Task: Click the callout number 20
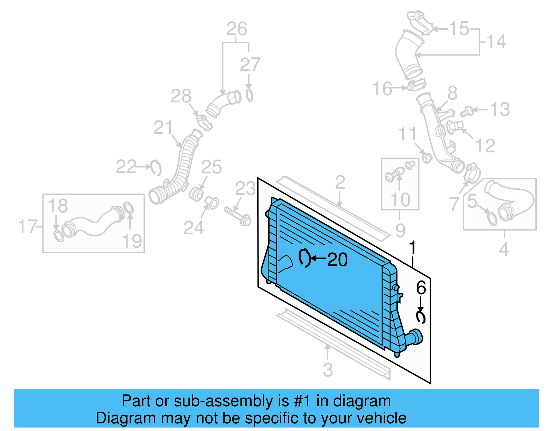[337, 260]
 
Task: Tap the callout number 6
[421, 287]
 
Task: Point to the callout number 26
[237, 29]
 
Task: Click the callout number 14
[497, 41]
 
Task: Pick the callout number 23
[245, 189]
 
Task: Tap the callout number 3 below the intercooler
[328, 370]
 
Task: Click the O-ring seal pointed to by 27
[249, 95]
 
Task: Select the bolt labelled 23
[237, 215]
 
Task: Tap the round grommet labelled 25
[196, 194]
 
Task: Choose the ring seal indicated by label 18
[59, 236]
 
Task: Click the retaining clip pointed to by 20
[304, 258]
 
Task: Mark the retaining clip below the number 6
[421, 317]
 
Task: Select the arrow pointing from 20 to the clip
[319, 258]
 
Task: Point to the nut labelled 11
[427, 158]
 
